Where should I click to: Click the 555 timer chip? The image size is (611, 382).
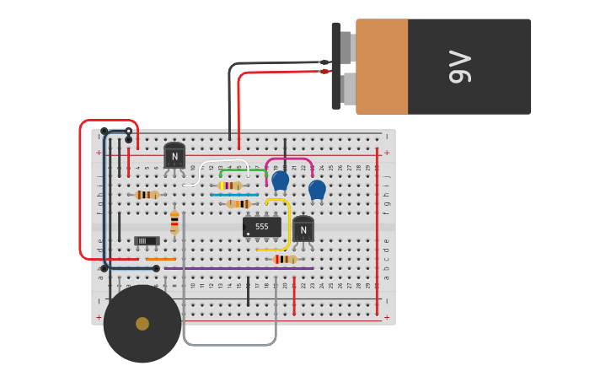261,227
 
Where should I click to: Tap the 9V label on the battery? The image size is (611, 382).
459,67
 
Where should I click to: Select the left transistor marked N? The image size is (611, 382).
174,156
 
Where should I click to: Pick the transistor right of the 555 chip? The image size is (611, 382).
303,229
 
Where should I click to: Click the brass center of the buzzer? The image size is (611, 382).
142,324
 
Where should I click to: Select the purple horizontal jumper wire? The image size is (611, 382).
244,268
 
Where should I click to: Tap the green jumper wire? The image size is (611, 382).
240,170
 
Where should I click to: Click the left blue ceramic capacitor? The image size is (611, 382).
280,180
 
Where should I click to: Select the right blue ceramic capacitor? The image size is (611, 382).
317,189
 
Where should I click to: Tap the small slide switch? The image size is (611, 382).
147,241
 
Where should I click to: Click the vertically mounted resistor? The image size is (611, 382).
174,222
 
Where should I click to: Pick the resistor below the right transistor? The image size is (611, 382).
285,259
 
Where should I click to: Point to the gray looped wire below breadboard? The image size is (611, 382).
229,345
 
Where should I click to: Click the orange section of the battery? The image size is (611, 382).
383,67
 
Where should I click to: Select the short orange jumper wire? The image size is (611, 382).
160,260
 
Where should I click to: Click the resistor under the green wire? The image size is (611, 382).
230,186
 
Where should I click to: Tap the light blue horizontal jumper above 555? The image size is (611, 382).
234,195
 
